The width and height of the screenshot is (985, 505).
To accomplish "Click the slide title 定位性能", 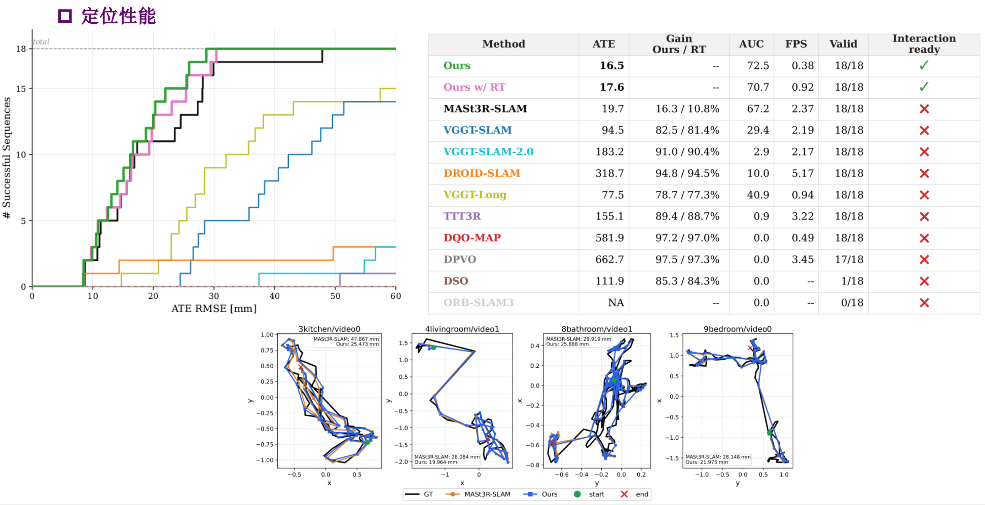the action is click(118, 16).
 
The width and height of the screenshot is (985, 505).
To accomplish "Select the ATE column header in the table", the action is click(604, 44).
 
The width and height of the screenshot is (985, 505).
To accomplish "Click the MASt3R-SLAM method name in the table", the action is click(485, 108).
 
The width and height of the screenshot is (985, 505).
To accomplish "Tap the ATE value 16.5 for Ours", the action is click(612, 65).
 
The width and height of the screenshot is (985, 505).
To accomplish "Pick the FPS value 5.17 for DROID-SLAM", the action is click(802, 173).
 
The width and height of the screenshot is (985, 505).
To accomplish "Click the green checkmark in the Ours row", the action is click(924, 65).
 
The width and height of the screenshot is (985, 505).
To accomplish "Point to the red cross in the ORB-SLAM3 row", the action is click(924, 302).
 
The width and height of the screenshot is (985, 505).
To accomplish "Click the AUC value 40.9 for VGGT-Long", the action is click(758, 195).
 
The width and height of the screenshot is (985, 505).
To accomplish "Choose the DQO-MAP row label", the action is click(472, 238).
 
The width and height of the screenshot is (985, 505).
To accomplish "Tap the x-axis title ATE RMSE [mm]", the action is click(214, 308).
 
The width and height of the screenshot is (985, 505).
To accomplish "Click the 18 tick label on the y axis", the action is click(21, 49).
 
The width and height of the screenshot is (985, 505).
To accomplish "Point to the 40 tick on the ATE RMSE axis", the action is click(274, 296).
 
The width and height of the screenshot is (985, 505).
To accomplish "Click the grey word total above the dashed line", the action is click(41, 42).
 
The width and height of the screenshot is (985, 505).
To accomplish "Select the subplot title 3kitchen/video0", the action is click(330, 329).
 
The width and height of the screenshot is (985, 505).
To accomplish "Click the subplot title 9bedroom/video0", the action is click(738, 329).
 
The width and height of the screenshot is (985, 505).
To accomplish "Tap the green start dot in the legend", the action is click(577, 494).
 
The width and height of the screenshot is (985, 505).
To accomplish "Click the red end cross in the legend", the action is click(624, 494).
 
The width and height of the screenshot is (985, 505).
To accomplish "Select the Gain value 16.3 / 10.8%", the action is click(687, 108).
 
